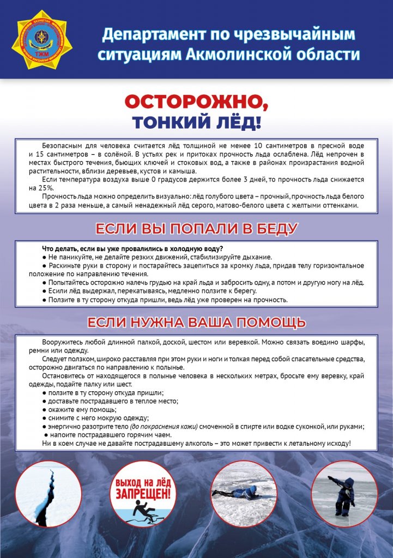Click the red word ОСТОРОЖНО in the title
196,102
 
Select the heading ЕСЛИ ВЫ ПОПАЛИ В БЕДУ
196,228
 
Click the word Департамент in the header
158,34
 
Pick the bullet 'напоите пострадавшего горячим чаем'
120,435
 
